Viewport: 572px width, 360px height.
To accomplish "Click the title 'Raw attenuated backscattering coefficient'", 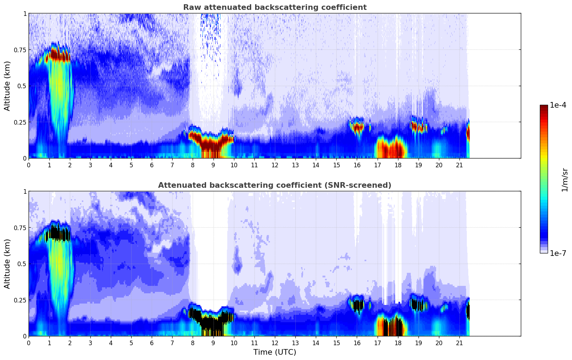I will point(275,7).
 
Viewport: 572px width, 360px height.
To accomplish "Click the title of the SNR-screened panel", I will point(275,185).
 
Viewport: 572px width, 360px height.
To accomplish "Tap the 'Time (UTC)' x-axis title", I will point(275,352).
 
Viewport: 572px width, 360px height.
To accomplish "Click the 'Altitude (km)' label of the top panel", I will point(7,86).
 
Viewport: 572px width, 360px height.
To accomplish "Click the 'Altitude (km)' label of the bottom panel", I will point(7,264).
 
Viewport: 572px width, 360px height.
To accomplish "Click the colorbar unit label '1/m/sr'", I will point(564,180).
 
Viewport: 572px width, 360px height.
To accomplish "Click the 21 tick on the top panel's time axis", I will point(459,165).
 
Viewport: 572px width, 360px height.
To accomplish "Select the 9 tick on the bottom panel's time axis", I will point(213,343).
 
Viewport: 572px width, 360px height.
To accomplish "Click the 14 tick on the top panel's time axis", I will point(316,165).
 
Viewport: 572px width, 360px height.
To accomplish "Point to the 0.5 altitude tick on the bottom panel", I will point(22,264).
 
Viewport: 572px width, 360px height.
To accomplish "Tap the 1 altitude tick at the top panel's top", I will point(25,13).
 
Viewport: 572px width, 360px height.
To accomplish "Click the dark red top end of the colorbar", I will point(544,108).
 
